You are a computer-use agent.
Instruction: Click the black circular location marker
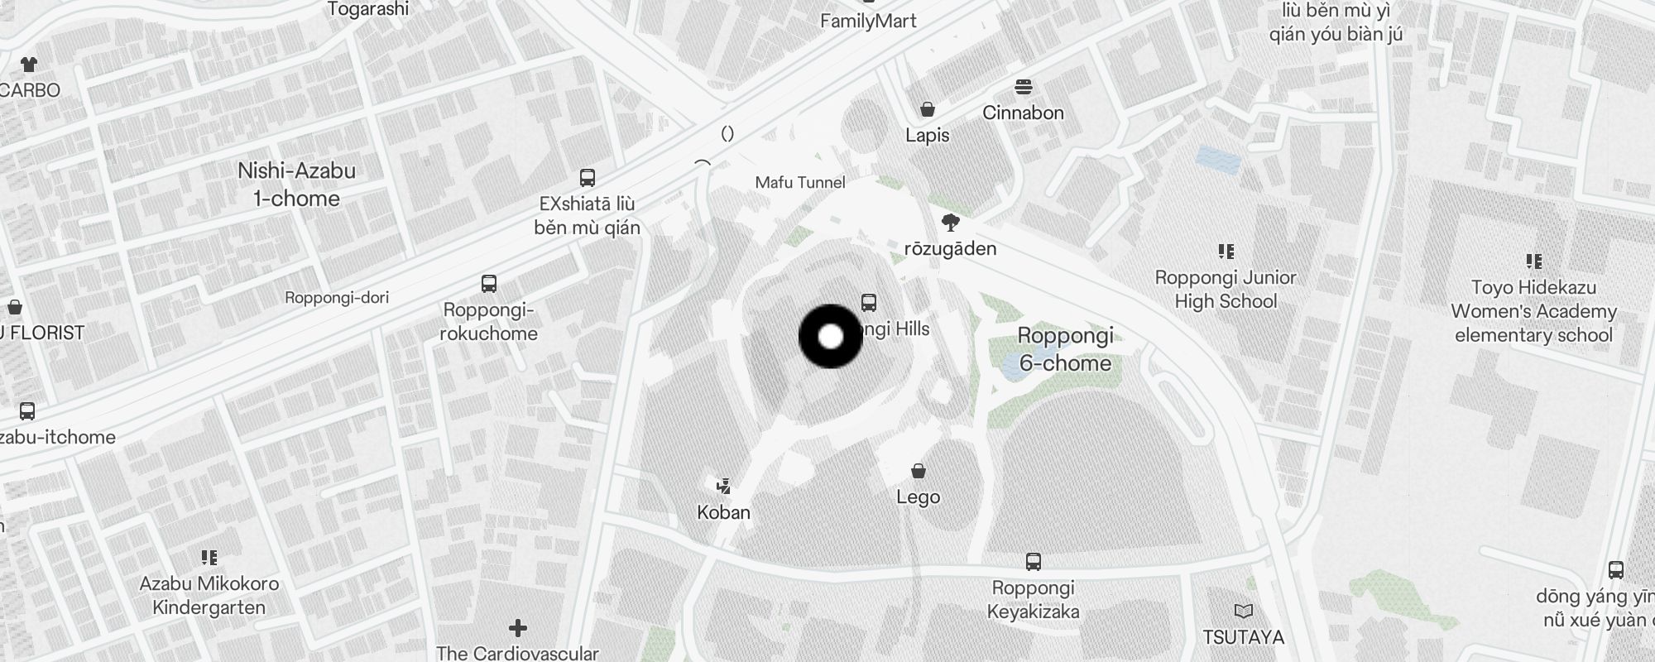coord(831,337)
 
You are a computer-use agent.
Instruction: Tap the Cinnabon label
coord(1023,113)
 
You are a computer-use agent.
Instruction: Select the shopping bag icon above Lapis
coord(928,110)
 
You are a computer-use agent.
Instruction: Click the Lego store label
coord(918,496)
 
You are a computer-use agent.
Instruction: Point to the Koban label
coord(723,512)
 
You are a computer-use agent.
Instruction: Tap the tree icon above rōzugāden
coord(951,222)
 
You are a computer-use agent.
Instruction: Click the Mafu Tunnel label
coord(800,183)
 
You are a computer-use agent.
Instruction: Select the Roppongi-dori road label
coord(337,297)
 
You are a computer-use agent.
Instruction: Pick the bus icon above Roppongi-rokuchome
coord(489,284)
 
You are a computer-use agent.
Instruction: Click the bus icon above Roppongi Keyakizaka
coord(1033,562)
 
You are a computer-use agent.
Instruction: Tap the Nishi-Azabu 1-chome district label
coord(296,185)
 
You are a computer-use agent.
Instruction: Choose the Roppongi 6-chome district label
coord(1065,348)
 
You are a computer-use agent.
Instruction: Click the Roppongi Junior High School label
coord(1226,289)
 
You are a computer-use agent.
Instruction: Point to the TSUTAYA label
coord(1243,637)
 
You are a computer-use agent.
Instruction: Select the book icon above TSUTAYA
coord(1243,612)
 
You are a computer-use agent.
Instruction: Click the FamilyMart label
coord(868,21)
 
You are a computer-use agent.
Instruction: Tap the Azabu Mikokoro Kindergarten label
coord(209,595)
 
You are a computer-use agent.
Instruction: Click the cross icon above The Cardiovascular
coord(518,628)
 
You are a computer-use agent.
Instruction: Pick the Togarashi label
coord(368,9)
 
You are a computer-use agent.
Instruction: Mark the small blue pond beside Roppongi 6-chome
coord(1015,367)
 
